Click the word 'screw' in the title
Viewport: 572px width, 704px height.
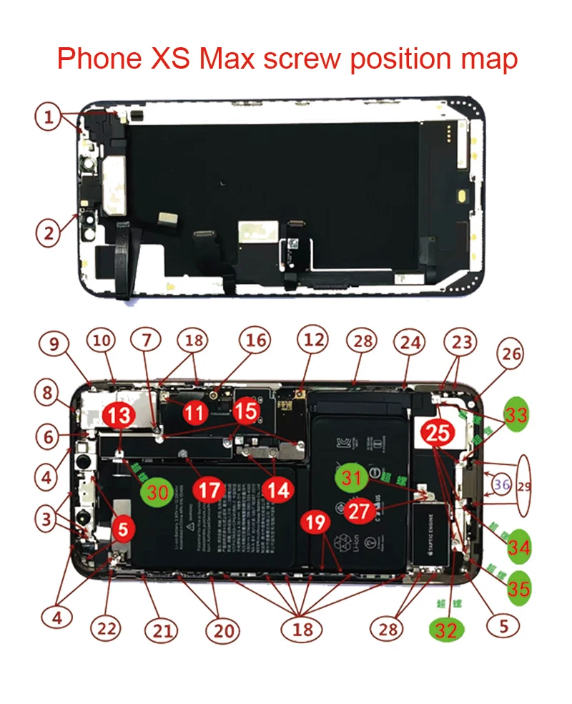pyautogui.click(x=302, y=59)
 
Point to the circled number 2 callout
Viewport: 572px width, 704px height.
pyautogui.click(x=48, y=232)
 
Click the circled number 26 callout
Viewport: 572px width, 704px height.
pyautogui.click(x=511, y=353)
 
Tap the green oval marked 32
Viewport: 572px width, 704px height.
pyautogui.click(x=446, y=630)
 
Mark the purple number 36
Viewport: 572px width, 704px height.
pyautogui.click(x=501, y=485)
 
